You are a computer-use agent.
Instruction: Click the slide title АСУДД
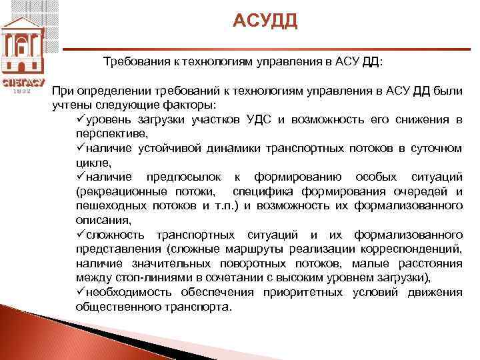click(x=265, y=22)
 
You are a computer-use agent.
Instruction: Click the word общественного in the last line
click(x=117, y=307)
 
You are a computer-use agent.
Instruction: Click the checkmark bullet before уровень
click(x=81, y=119)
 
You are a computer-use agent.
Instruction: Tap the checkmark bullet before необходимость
click(x=81, y=292)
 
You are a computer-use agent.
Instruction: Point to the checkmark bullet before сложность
click(x=81, y=235)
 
